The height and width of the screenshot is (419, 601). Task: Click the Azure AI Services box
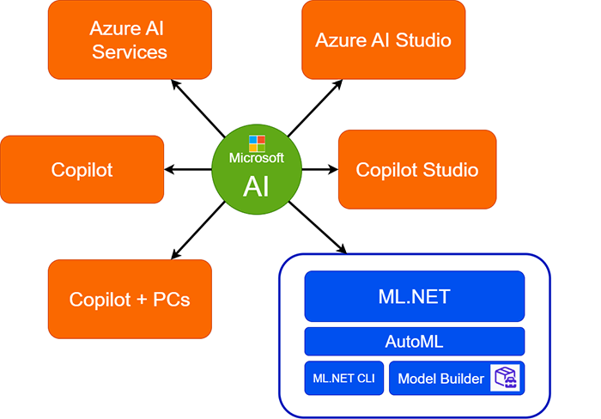(x=129, y=40)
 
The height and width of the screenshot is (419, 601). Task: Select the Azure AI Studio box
(x=383, y=40)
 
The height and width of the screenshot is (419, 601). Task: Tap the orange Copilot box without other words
(x=82, y=169)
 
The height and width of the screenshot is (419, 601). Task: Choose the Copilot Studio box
(x=417, y=169)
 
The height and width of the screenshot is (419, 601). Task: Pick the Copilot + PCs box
(x=129, y=300)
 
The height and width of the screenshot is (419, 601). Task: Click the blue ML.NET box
(x=414, y=297)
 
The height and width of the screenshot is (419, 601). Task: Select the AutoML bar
(x=414, y=341)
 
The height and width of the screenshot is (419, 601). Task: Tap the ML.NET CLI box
(x=344, y=378)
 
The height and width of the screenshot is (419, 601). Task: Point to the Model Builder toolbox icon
(x=507, y=378)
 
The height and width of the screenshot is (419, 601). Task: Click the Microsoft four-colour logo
(x=257, y=143)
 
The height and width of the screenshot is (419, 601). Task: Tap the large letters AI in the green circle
(x=256, y=184)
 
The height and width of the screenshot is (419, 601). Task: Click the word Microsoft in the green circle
(x=256, y=159)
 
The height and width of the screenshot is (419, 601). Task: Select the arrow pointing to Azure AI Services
(x=198, y=106)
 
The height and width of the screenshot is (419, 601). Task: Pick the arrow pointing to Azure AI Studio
(x=314, y=106)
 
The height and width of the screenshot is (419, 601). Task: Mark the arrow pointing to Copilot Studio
(x=319, y=169)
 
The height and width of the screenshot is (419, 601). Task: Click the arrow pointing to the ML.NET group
(x=319, y=228)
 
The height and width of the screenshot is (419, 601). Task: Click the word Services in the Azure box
(x=129, y=52)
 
